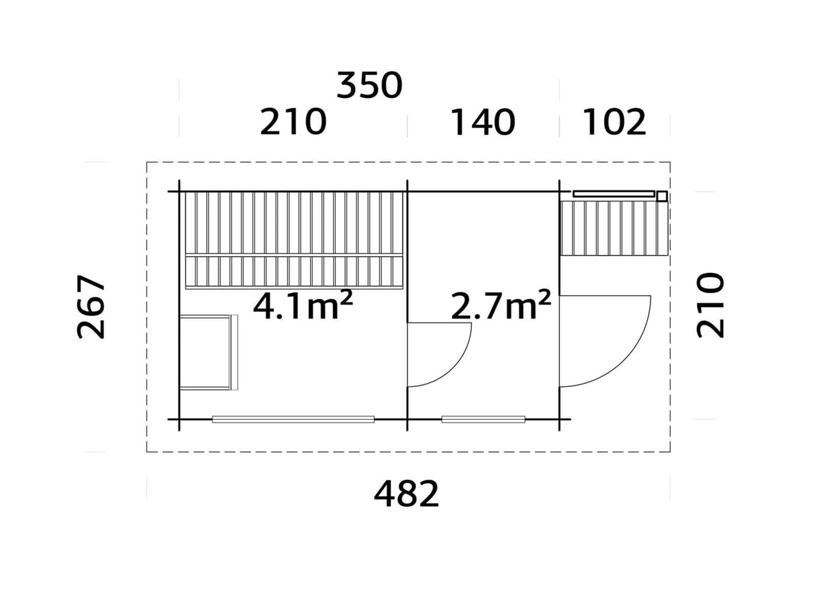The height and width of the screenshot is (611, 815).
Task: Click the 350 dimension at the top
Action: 369,87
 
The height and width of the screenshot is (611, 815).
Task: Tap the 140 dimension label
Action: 483,123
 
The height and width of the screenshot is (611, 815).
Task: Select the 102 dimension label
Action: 614,123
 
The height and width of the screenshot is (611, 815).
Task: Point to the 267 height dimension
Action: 92,307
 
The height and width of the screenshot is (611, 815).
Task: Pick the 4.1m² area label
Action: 303,306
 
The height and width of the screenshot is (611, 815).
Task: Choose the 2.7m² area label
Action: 501,306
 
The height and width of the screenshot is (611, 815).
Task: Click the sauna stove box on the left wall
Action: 207,352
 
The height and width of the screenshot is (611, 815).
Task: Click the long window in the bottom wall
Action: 293,419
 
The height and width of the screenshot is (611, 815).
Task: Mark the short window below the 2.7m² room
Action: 483,419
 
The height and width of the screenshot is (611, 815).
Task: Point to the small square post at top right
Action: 662,196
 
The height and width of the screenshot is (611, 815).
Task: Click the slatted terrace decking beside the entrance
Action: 614,228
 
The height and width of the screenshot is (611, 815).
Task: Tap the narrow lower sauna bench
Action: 293,272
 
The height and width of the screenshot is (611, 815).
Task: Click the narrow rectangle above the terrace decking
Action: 613,194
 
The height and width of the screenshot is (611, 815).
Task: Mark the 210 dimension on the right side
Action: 711,305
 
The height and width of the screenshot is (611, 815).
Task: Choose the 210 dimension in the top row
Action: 293,123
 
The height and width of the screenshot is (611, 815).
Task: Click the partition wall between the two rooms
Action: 407,255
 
